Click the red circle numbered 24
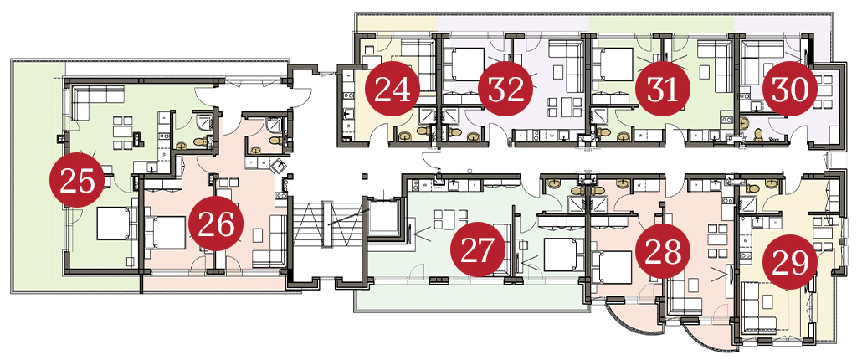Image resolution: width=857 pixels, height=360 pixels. tap(392, 90)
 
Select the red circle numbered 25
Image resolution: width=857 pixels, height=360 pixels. tap(76, 180)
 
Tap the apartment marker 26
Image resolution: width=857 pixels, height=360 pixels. tap(215, 224)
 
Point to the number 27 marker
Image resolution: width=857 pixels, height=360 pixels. tap(477, 249)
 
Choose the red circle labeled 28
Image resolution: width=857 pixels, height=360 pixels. tap(663, 251)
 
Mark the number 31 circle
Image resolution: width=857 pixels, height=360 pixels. tap(663, 90)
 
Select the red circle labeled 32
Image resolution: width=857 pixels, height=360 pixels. tap(505, 90)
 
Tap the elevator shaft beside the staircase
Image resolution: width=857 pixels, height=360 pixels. tap(382, 219)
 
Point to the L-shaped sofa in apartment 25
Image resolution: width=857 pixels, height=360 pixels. tap(92, 101)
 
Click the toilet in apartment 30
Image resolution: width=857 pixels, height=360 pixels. tap(758, 134)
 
